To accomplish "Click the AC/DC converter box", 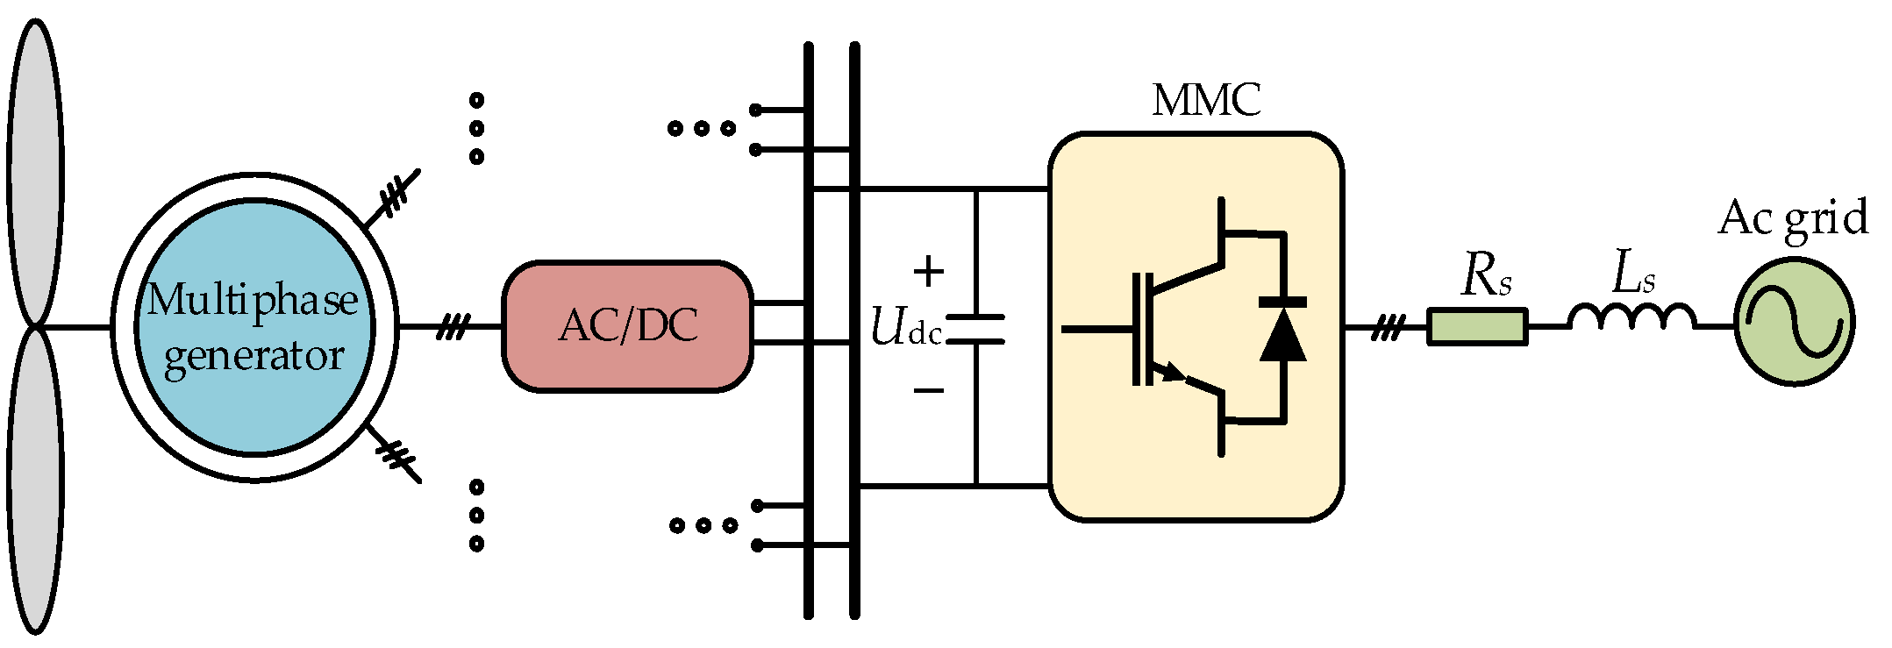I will (x=627, y=326).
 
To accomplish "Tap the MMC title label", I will (x=1206, y=100).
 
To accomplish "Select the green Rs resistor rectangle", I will (x=1477, y=326).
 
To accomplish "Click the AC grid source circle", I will (x=1794, y=322).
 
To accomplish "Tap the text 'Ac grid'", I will (x=1793, y=217).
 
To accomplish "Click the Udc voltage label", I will (x=906, y=328).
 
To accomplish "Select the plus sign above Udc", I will (x=928, y=271).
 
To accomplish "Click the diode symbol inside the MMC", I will (x=1282, y=333).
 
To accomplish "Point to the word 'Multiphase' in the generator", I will (x=253, y=301).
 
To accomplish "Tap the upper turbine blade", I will (x=35, y=171).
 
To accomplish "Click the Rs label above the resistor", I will (x=1485, y=276).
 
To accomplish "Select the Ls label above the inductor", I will (x=1633, y=274).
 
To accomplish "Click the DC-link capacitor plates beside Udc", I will (x=975, y=329).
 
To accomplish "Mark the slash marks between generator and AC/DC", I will (x=453, y=328).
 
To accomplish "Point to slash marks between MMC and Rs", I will (x=1385, y=328).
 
